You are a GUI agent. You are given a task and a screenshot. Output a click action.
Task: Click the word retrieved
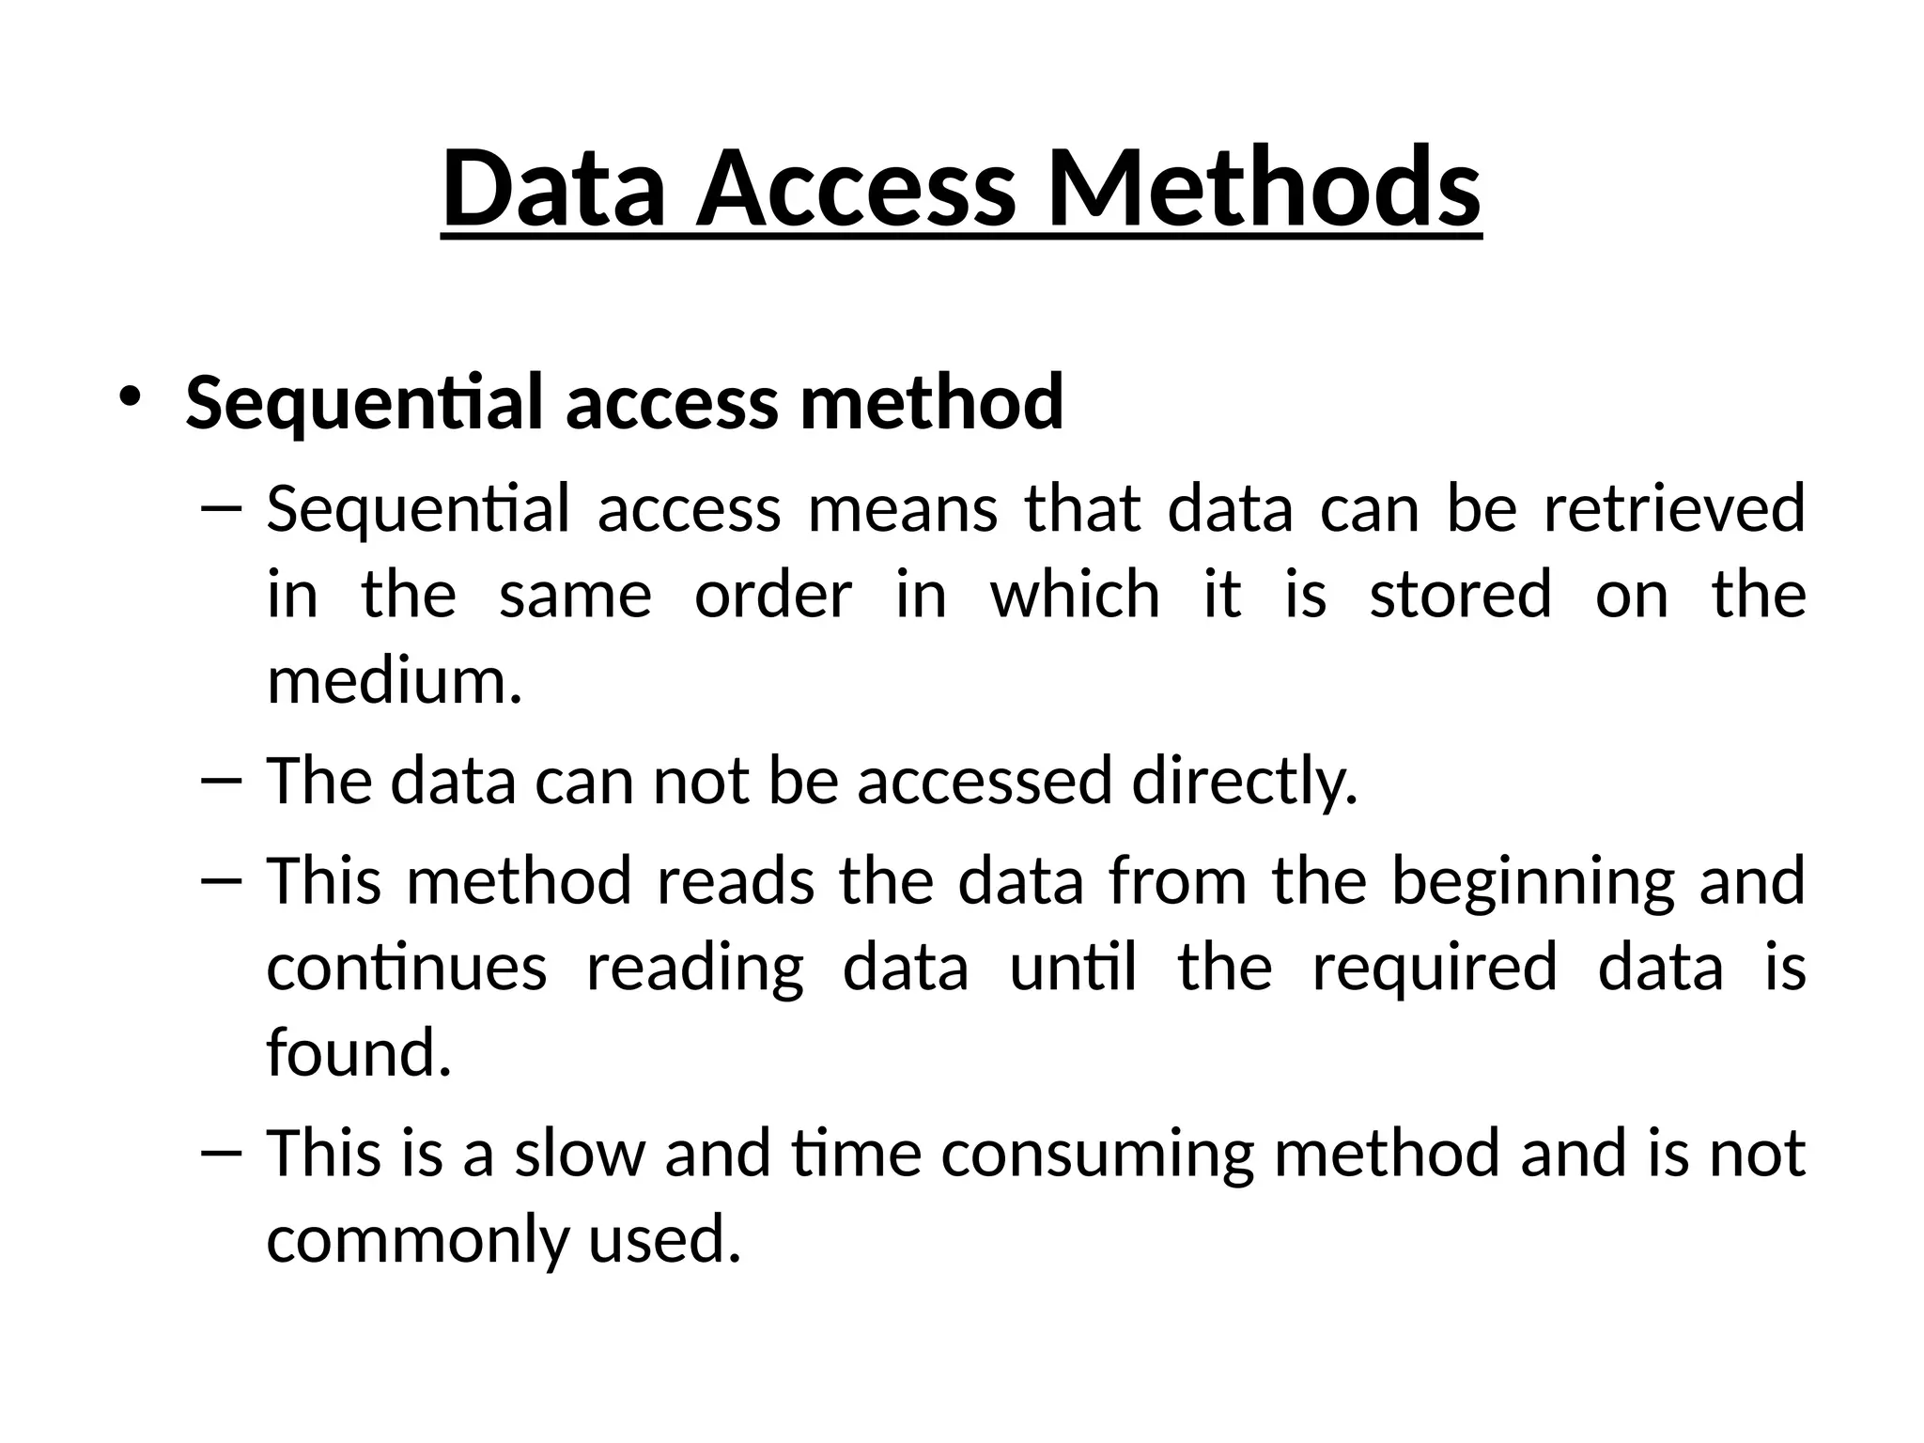tap(1674, 508)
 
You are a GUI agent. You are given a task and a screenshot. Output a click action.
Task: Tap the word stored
tap(1460, 595)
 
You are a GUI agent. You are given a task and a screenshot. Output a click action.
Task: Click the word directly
tap(1244, 781)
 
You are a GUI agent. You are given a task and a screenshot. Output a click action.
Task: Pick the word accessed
tap(984, 781)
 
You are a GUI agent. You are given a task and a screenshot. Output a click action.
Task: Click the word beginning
tap(1532, 881)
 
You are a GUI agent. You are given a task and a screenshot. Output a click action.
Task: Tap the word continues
tap(406, 968)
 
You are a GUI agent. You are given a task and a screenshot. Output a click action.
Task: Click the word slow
tap(580, 1154)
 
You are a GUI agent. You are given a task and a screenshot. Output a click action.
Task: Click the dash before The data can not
tap(222, 781)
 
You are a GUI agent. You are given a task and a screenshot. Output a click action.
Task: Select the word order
tap(773, 595)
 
